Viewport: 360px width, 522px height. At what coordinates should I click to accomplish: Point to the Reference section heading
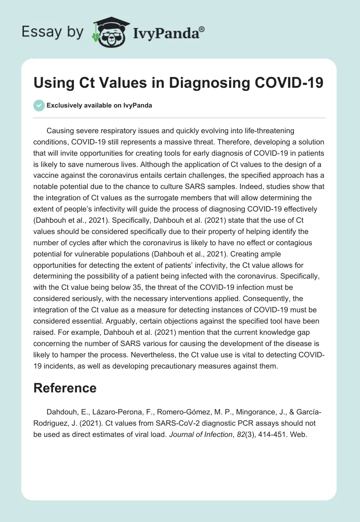(65, 388)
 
